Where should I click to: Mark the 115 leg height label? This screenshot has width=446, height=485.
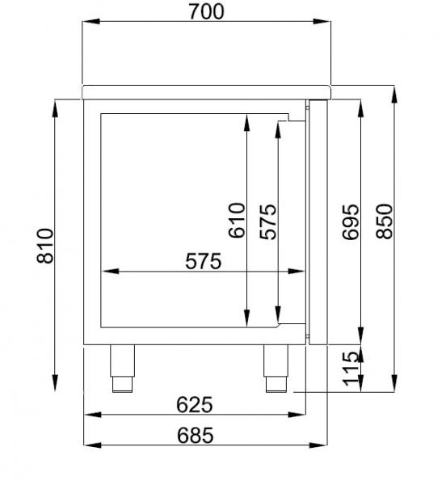(x=350, y=369)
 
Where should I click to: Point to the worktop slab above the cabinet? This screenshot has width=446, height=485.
(x=207, y=91)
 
